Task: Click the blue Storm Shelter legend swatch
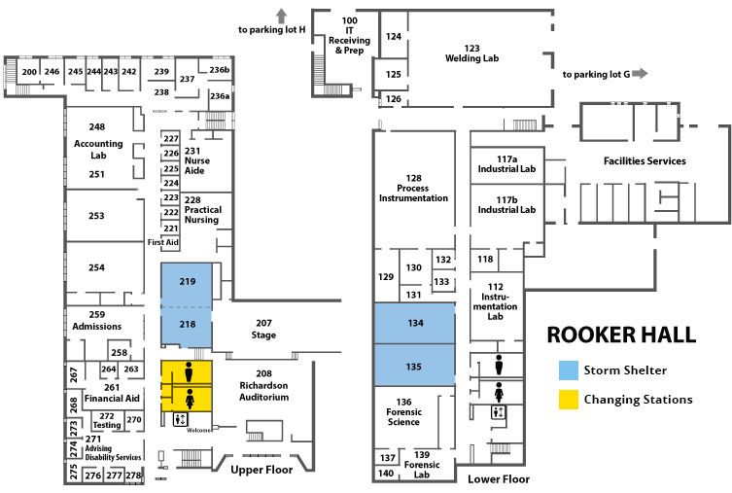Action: [x=569, y=370]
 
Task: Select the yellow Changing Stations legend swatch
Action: [x=569, y=400]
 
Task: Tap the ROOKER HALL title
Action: [x=621, y=335]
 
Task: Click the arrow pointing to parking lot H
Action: [x=281, y=17]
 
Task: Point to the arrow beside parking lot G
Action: [x=640, y=73]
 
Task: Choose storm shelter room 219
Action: [x=187, y=285]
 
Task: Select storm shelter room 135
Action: [x=414, y=365]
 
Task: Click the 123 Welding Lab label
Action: [x=472, y=53]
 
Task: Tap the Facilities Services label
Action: [x=645, y=161]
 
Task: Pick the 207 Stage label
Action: [x=263, y=329]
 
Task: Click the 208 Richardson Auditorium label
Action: [x=264, y=385]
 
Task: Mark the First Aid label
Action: [x=163, y=242]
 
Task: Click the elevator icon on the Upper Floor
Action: [x=180, y=419]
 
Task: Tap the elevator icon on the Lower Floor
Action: [x=499, y=412]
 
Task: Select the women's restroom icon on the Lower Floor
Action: [x=499, y=392]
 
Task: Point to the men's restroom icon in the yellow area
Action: [x=189, y=371]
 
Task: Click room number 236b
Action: [x=220, y=70]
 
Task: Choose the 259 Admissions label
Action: [x=97, y=320]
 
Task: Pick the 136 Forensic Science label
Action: [x=403, y=411]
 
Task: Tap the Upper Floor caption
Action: [x=261, y=470]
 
